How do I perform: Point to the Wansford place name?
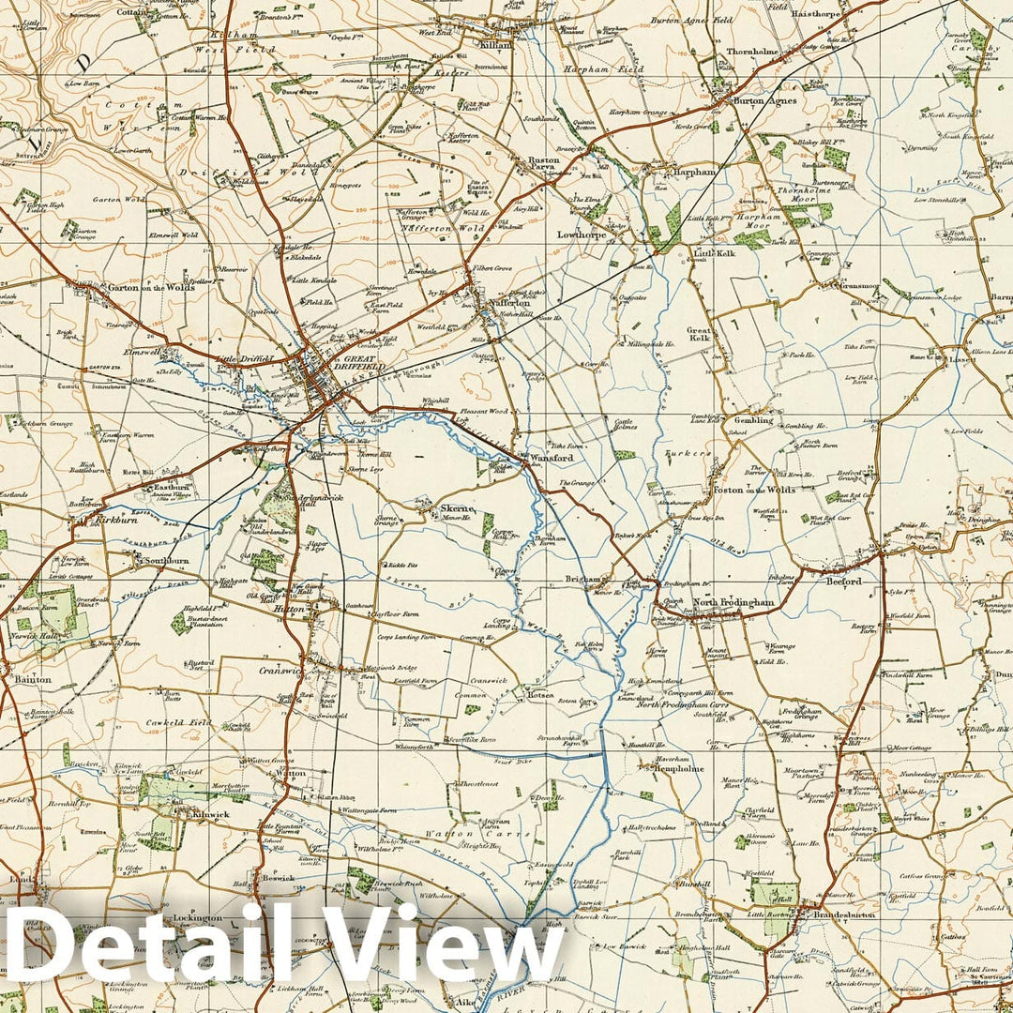click(551, 458)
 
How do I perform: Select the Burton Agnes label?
click(764, 100)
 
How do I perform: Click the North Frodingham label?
click(733, 603)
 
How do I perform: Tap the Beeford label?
click(841, 582)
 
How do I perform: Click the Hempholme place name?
click(678, 768)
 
